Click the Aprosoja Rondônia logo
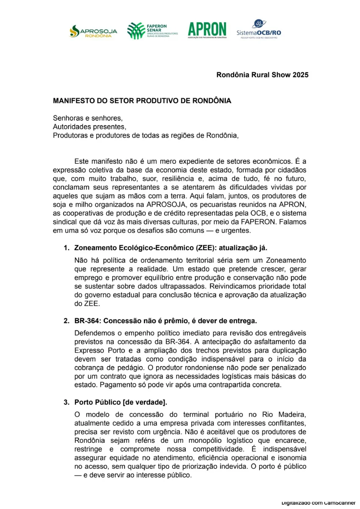(91, 31)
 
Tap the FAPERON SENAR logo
(152, 30)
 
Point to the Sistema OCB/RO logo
(259, 29)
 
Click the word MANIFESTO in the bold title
(75, 101)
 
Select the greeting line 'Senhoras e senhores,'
(87, 118)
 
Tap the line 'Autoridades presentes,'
(89, 127)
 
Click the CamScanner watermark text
(319, 503)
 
